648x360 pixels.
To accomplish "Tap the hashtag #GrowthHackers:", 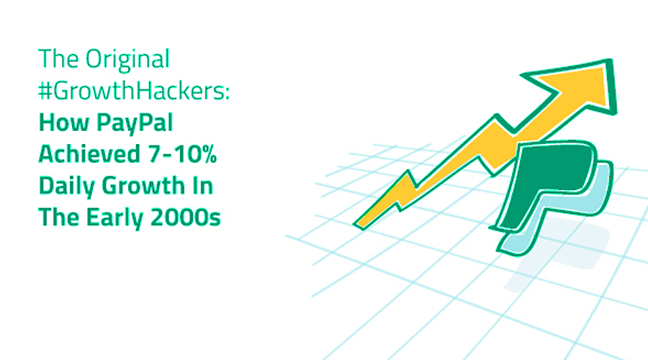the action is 134,91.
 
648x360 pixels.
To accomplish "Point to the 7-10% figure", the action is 182,154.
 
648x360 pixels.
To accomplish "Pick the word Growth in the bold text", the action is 143,186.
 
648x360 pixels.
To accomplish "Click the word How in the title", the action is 64,122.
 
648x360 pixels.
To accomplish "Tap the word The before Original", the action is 59,59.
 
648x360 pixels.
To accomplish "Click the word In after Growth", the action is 202,186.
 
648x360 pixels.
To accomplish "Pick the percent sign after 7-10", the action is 209,154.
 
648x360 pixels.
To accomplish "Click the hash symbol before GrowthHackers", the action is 45,91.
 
